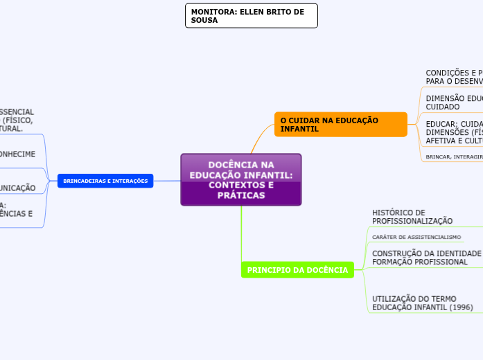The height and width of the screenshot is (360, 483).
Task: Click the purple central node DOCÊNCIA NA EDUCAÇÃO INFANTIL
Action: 240,179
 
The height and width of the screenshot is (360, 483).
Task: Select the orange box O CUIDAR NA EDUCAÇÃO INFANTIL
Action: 340,125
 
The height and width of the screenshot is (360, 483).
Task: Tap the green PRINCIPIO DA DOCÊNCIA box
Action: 297,270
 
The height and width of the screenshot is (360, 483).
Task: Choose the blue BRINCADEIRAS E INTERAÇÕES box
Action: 105,181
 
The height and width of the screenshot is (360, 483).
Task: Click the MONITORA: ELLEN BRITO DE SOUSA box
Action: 251,16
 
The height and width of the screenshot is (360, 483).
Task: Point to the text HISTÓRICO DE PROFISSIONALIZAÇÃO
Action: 412,217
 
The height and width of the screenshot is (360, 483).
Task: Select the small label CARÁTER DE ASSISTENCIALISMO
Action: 416,237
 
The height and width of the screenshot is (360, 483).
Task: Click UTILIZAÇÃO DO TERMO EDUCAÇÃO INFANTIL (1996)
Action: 422,303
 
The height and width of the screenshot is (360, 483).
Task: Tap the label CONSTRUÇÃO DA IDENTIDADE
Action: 425,253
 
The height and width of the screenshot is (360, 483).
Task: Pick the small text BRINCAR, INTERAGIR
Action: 454,157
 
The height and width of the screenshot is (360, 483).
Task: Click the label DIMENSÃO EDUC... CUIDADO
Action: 453,102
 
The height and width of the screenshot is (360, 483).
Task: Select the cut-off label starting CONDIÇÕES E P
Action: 453,76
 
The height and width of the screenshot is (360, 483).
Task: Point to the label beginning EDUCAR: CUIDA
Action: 453,132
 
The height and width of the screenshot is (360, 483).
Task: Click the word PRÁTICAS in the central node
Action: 241,196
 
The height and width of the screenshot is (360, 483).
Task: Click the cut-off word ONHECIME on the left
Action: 17,154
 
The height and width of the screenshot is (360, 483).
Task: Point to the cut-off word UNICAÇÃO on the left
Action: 17,188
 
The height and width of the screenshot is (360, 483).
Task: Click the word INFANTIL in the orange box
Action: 299,129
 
